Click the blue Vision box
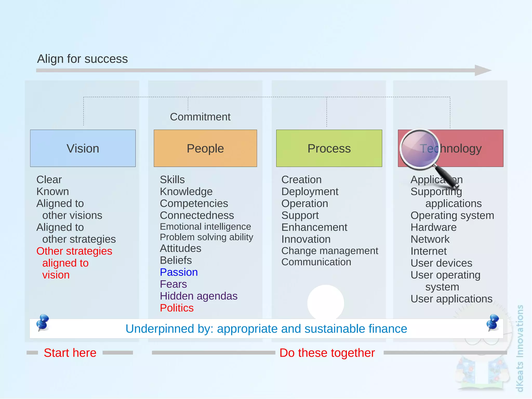point(83,148)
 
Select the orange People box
point(205,148)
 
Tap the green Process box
point(329,148)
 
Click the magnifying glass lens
point(420,149)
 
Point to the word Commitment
point(200,117)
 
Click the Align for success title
point(82,59)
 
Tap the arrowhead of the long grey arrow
point(482,70)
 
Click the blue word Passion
point(179,272)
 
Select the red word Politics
point(177,308)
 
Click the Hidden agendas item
point(198,296)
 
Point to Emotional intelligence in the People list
point(205,227)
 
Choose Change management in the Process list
point(330,251)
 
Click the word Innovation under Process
point(306,239)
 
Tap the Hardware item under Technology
point(433,227)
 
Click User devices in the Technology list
point(441,263)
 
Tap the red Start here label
point(70,353)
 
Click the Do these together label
point(327,353)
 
